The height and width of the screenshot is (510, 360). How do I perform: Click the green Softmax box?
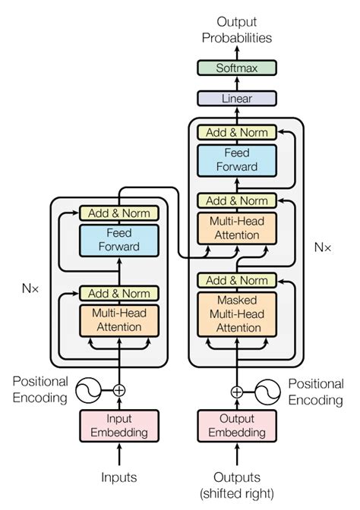236,68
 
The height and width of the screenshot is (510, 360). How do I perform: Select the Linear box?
236,99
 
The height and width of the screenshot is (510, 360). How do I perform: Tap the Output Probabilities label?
236,30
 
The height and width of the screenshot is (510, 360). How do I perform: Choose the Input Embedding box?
119,425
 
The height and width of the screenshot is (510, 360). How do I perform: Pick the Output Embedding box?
236,425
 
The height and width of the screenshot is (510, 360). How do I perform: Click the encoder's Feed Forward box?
119,241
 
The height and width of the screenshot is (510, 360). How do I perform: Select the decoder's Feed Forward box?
236,160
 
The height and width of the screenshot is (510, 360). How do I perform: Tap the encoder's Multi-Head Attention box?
119,320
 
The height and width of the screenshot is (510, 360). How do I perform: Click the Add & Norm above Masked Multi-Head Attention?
236,281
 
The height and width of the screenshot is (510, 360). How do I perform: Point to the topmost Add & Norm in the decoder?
236,132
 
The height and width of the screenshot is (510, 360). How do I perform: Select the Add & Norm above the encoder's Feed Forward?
119,213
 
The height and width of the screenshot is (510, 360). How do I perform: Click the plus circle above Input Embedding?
119,390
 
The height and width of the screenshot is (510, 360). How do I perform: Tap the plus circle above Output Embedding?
237,392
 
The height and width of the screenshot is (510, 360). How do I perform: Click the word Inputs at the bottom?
119,477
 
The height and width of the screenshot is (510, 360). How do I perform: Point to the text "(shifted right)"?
236,493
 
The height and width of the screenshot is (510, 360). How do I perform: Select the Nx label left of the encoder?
31,288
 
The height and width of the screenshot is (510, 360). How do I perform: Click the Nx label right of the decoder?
323,247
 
